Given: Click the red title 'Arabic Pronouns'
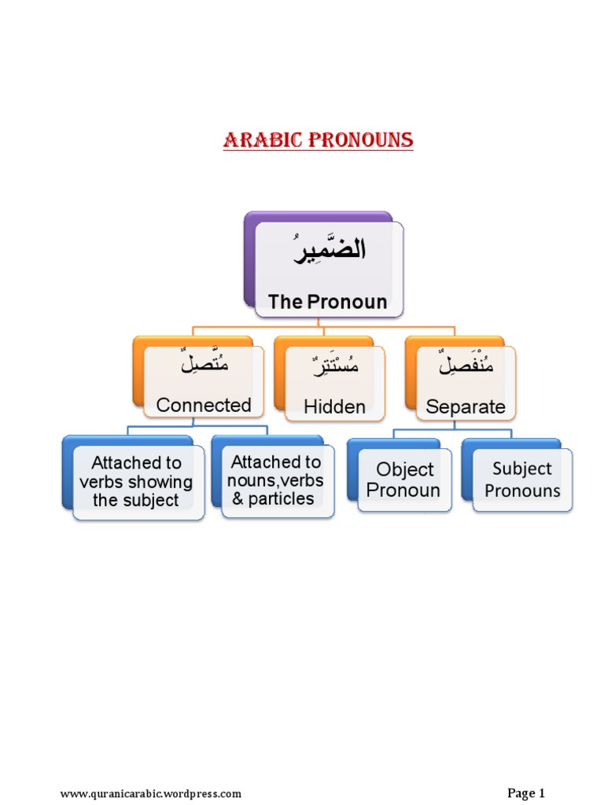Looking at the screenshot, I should coord(318,141).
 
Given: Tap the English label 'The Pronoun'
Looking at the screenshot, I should coord(327,302).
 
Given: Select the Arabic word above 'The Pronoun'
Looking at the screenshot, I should coord(330,252).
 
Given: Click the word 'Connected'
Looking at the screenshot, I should coord(204,405).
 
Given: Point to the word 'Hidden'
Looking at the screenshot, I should coord(335,406).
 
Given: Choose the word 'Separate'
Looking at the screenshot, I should coord(466,407).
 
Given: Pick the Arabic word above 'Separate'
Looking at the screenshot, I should coord(466,366).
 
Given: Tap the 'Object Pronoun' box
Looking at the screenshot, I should coord(404,480).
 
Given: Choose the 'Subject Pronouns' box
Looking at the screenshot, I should coord(522,480).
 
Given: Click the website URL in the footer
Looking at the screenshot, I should coord(151,793).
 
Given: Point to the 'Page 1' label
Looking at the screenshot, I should coord(526,792).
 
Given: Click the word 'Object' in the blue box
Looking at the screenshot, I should coord(405,469).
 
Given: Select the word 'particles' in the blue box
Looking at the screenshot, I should coord(282,498).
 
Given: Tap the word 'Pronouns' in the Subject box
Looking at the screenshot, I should coord(522,491).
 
